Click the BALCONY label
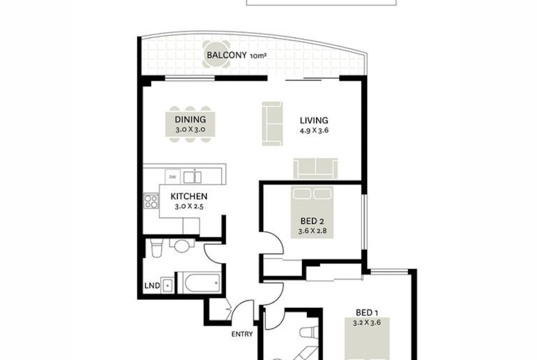[x=226, y=55]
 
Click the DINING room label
[x=190, y=119]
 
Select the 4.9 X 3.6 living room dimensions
[x=314, y=130]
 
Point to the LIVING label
[x=314, y=121]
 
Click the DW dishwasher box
[x=173, y=177]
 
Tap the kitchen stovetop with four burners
[x=151, y=201]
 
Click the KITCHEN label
[x=189, y=196]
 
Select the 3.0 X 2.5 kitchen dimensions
[x=189, y=206]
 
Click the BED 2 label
[x=312, y=221]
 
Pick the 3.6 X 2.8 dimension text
[x=312, y=231]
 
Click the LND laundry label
[x=152, y=286]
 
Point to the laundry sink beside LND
[x=168, y=285]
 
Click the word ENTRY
[x=242, y=334]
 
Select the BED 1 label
[x=367, y=312]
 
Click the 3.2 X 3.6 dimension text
[x=367, y=322]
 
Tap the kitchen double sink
[x=192, y=177]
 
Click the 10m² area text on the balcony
[x=258, y=56]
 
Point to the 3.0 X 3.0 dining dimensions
[x=190, y=130]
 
